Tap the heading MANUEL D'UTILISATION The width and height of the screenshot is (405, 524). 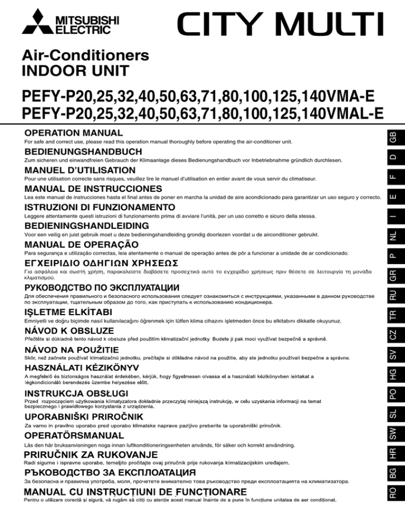point(79,170)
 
